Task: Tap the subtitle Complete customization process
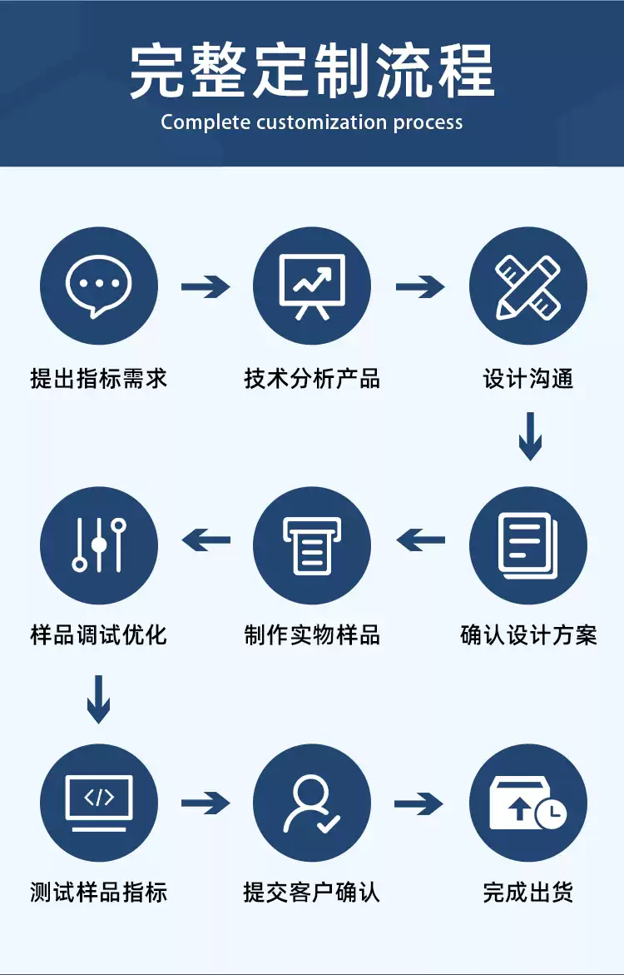click(312, 122)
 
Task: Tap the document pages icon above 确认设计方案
click(527, 545)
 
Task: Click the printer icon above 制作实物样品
click(312, 545)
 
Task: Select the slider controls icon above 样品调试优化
click(99, 545)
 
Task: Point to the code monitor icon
click(99, 803)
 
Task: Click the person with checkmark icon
click(312, 803)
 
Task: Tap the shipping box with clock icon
click(527, 803)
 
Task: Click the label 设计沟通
click(527, 380)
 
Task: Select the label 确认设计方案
click(527, 636)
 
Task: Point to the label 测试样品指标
click(99, 893)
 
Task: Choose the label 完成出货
click(527, 893)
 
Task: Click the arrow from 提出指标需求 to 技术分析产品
click(206, 287)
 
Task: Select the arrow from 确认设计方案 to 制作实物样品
click(420, 541)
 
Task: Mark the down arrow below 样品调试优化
click(98, 699)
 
